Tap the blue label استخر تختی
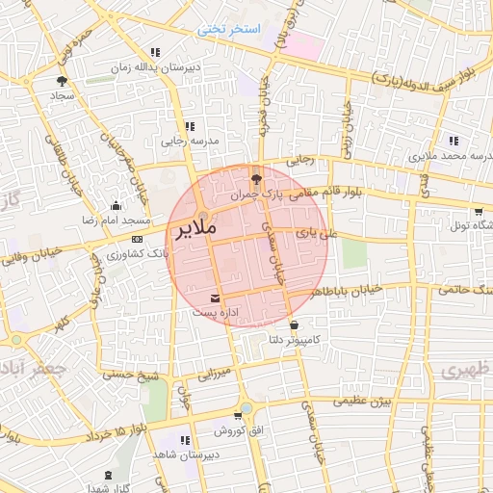pyautogui.click(x=229, y=29)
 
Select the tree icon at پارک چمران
pyautogui.click(x=255, y=178)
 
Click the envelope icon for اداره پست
pyautogui.click(x=215, y=297)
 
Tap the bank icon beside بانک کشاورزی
pyautogui.click(x=137, y=239)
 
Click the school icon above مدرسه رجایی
pyautogui.click(x=190, y=125)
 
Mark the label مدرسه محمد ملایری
pyautogui.click(x=449, y=155)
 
